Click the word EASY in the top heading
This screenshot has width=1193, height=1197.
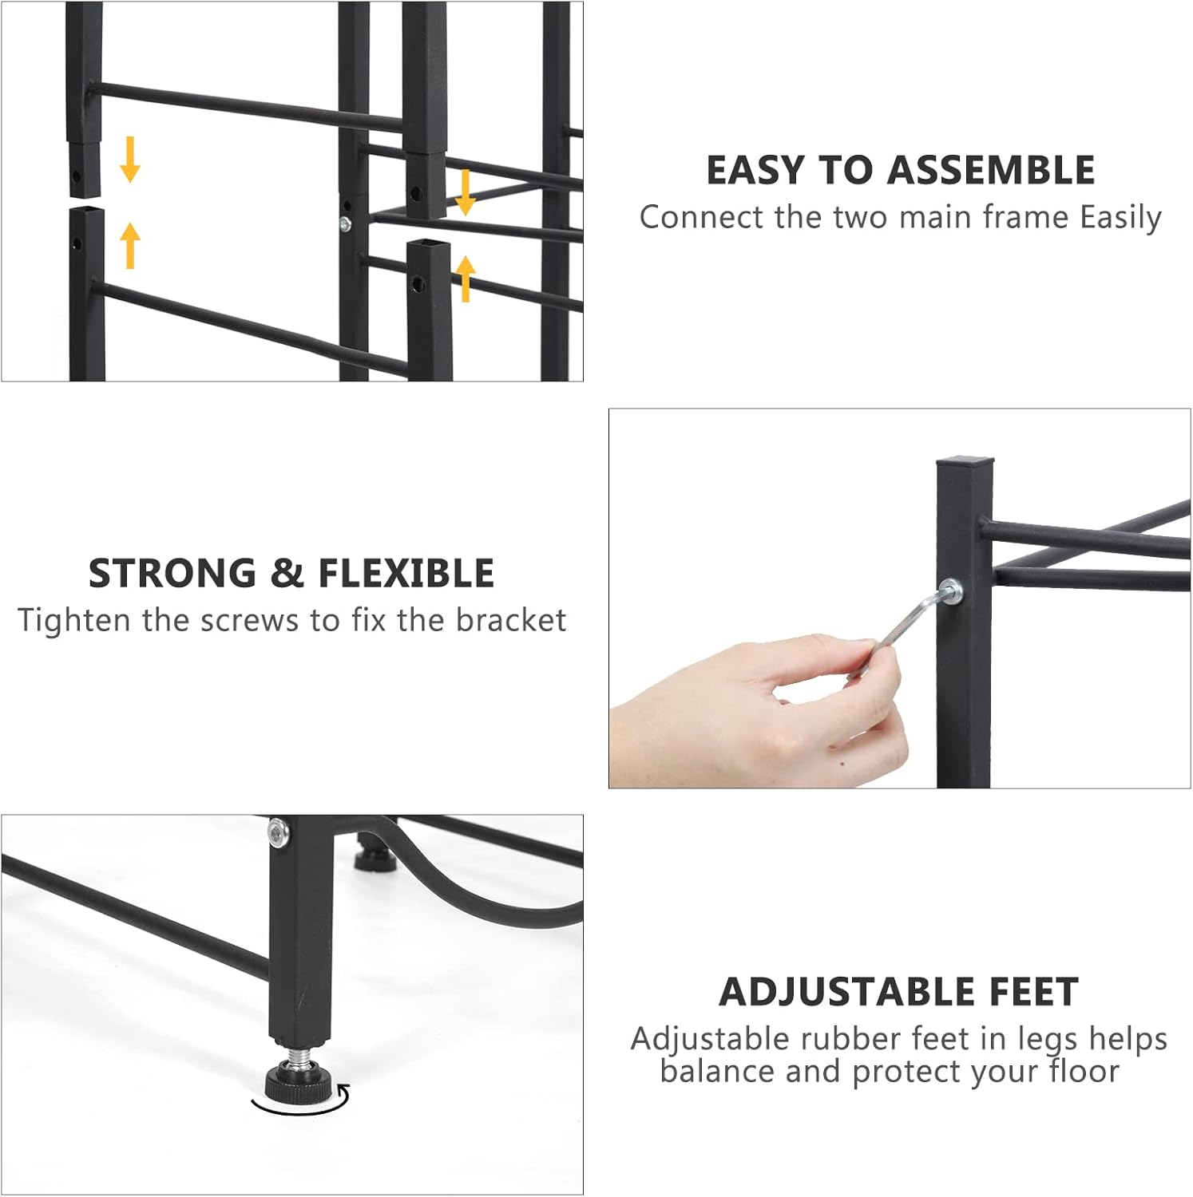756,170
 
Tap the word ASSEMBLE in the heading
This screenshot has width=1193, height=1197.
991,170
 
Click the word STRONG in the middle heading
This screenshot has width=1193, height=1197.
172,574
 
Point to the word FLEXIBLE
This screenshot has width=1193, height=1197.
406,574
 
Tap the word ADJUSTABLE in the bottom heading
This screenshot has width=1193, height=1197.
847,992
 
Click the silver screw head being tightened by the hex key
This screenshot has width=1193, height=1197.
950,592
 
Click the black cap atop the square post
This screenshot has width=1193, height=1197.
965,460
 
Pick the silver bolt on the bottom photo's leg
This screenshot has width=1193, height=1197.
278,832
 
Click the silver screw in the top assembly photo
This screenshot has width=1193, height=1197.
345,225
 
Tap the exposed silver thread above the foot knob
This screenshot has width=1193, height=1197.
298,1056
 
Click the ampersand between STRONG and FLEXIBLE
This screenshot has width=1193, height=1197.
287,574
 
